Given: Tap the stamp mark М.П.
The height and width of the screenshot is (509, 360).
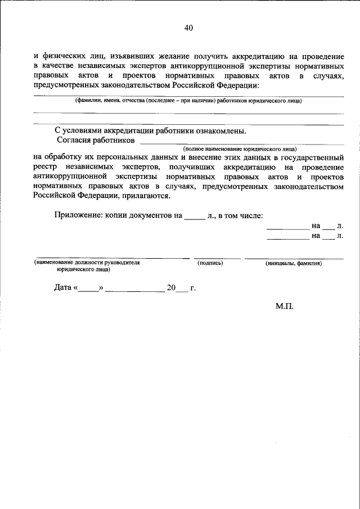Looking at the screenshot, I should [285, 307].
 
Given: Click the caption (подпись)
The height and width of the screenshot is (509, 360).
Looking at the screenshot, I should [210, 263].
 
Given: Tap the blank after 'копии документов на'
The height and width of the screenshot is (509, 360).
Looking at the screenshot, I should [195, 215].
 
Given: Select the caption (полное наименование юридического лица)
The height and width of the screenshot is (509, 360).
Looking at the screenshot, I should [240, 149].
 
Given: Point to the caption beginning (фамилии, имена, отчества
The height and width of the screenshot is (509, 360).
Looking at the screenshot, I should [188, 101].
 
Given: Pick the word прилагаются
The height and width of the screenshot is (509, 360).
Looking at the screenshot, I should [144, 196].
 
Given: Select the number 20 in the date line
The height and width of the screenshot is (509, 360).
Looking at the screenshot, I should [171, 288].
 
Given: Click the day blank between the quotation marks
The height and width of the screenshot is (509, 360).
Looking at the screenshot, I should [88, 289].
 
